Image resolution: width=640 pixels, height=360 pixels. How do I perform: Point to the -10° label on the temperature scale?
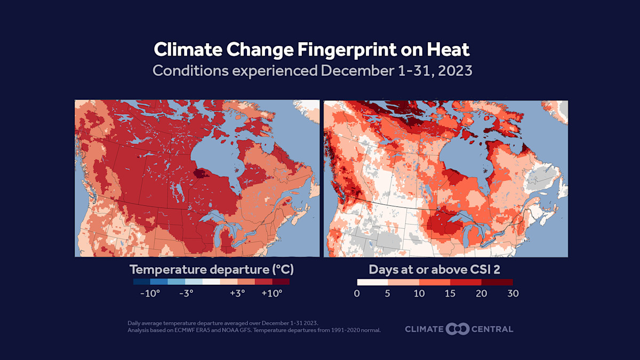(x=150, y=293)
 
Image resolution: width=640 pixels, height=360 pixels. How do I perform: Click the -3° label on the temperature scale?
(x=185, y=293)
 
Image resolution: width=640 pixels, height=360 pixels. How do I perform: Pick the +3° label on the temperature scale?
(x=237, y=293)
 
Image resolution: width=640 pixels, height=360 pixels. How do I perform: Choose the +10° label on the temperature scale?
(x=271, y=293)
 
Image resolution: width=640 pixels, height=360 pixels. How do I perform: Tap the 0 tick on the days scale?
(x=357, y=293)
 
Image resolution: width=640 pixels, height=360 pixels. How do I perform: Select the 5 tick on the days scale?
(x=388, y=293)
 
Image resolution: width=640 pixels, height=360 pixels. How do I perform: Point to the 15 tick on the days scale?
(x=450, y=293)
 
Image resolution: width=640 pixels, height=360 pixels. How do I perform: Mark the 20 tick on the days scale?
(x=481, y=293)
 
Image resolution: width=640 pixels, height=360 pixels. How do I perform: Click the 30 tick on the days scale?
(x=513, y=293)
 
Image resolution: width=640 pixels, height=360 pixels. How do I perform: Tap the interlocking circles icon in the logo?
(x=458, y=329)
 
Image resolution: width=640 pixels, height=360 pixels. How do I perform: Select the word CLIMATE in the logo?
(x=424, y=329)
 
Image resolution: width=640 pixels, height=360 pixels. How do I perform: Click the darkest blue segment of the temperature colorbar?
(x=141, y=281)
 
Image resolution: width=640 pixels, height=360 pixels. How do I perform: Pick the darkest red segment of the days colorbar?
(x=497, y=281)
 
